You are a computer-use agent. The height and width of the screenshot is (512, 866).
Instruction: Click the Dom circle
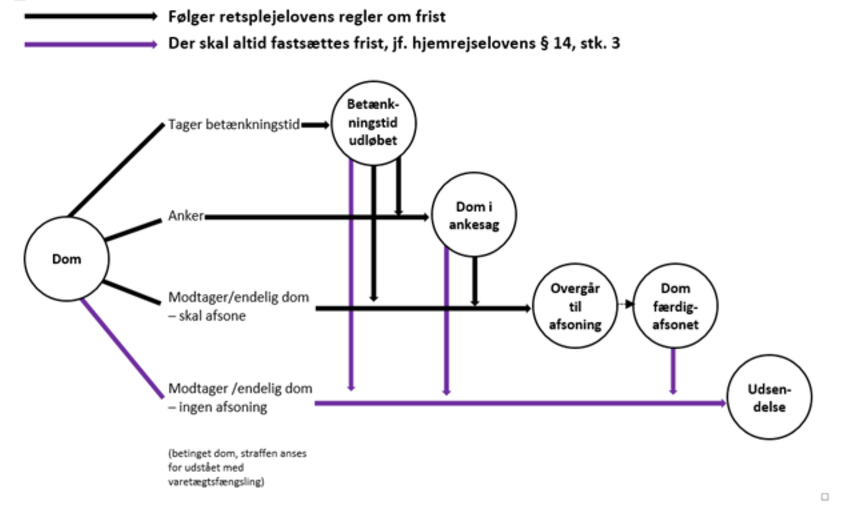67,258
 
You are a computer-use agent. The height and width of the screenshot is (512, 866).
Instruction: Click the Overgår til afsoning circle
576,308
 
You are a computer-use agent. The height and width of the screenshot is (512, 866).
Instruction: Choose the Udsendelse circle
770,397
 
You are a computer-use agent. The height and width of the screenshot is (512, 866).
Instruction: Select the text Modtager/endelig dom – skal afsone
238,306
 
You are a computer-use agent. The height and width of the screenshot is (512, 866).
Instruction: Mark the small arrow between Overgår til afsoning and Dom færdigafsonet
625,304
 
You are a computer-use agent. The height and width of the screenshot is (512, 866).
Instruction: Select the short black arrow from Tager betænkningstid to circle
316,124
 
